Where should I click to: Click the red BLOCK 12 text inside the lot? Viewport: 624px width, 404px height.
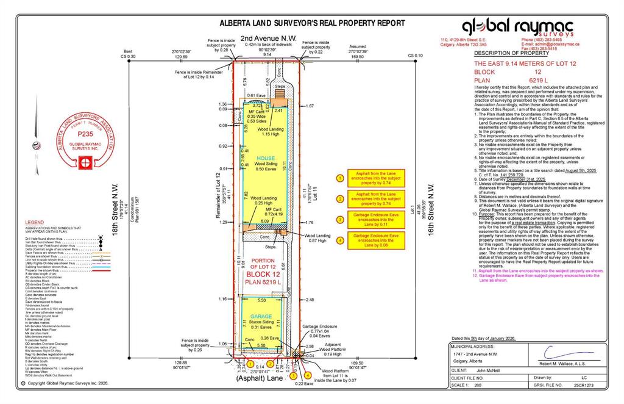click(261, 275)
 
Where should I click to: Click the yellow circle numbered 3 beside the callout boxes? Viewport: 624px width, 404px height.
click(339, 220)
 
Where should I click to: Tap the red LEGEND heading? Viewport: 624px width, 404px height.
click(35, 222)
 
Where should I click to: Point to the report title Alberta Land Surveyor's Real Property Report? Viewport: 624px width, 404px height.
click(312, 23)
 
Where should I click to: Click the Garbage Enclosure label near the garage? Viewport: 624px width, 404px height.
click(320, 326)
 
